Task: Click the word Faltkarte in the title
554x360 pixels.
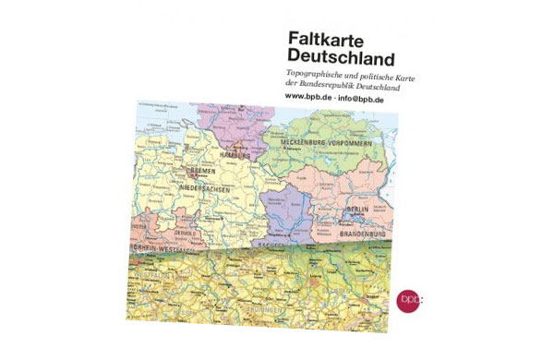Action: [322, 41]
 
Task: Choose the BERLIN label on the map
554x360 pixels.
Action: [357, 210]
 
